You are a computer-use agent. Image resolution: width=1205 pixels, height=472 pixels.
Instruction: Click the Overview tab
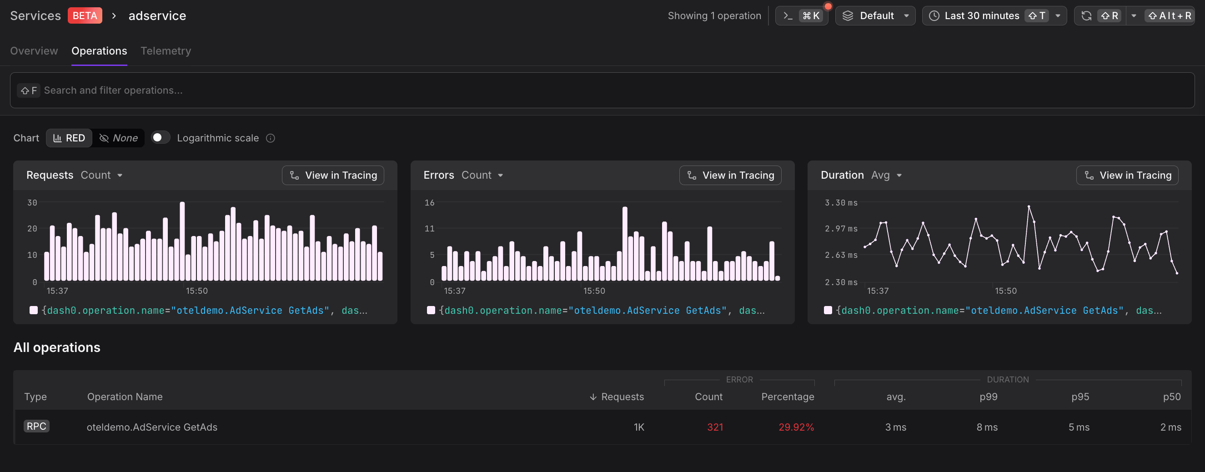pos(34,51)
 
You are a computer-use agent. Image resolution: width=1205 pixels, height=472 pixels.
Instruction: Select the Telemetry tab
pos(166,51)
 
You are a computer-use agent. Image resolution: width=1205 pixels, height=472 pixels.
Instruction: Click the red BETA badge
pos(85,16)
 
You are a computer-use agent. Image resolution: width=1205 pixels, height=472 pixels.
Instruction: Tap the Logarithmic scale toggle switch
pos(160,137)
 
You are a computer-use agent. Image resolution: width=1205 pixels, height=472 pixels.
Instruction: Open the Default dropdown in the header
pos(875,16)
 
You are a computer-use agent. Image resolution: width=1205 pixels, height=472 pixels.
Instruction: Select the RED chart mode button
pos(69,138)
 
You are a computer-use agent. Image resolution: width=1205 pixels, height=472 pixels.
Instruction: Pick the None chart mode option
pos(119,138)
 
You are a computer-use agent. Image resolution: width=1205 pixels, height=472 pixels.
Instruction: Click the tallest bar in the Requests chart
pos(182,241)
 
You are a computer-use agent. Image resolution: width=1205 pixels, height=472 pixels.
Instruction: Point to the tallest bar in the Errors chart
pos(624,243)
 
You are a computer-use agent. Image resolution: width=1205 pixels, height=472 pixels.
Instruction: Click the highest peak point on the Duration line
pos(1029,206)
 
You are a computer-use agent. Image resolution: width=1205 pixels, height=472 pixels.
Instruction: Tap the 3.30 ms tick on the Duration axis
pos(841,202)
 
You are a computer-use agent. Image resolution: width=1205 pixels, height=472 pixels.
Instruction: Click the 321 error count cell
pos(715,427)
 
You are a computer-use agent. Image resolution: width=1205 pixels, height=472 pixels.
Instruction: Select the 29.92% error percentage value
pos(796,427)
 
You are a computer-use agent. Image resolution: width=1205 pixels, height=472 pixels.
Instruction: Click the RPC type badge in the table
pos(36,426)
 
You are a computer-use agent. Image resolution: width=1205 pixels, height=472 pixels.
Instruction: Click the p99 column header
pos(988,397)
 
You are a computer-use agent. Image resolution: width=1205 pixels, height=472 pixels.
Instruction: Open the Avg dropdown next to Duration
pos(886,176)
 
